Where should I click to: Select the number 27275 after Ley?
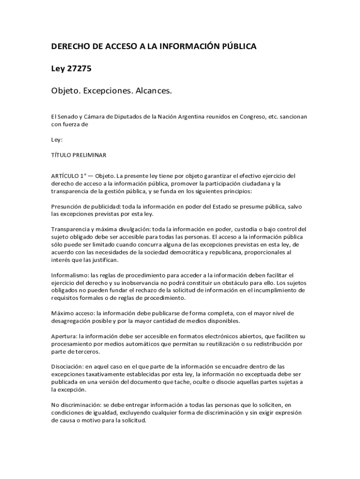coord(79,69)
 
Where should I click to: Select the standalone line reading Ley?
coord(57,139)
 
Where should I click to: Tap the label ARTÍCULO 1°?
coord(69,176)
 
